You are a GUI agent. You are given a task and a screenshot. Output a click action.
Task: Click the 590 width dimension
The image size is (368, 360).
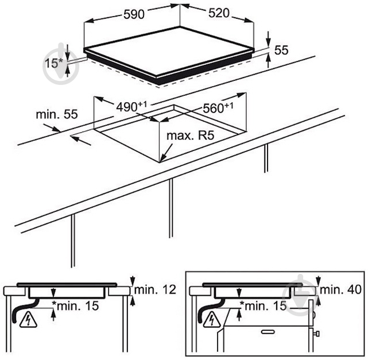click(134, 14)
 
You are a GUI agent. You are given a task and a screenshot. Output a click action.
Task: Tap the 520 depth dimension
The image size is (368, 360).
click(219, 13)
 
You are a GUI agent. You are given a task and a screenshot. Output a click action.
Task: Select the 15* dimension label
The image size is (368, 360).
click(54, 63)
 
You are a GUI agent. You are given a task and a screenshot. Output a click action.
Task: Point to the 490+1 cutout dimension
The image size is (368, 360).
click(131, 107)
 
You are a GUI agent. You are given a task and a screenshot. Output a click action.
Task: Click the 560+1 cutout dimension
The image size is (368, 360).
click(218, 107)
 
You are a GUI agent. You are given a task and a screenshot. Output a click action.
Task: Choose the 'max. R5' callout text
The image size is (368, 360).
click(191, 136)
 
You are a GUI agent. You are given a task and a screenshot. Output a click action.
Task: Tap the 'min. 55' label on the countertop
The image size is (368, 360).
click(57, 114)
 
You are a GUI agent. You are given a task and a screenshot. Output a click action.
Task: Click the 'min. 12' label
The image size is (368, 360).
click(155, 289)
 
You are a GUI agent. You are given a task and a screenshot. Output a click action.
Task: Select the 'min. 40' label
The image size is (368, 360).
click(340, 289)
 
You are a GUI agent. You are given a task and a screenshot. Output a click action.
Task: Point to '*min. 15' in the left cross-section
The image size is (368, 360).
click(75, 306)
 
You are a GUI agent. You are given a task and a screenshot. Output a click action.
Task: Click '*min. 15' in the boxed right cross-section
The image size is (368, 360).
click(263, 306)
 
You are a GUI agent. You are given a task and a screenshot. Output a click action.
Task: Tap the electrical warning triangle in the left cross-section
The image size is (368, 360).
click(28, 319)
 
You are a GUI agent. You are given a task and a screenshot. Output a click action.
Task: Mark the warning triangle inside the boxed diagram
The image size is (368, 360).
click(212, 319)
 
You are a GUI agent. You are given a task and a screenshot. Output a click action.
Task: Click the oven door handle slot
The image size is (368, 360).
click(268, 332)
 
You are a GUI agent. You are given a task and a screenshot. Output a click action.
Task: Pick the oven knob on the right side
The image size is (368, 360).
click(316, 333)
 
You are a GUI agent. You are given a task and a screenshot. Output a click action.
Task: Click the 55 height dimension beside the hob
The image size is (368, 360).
click(281, 50)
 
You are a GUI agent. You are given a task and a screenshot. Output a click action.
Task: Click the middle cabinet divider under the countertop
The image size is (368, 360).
click(171, 208)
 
